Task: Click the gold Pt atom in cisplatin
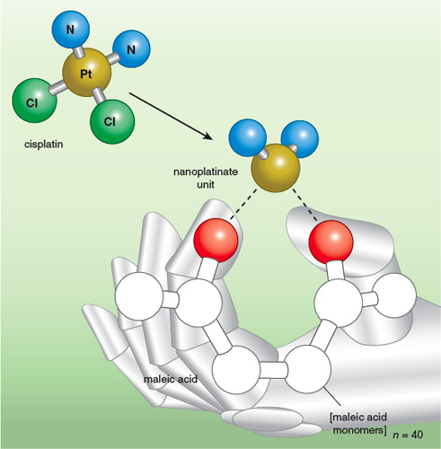coord(87,73)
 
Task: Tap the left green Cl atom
coord(34,101)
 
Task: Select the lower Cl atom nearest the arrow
coord(112,121)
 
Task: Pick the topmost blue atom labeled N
coord(71,30)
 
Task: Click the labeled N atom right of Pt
coord(131,48)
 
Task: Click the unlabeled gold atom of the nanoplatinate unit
coord(276,168)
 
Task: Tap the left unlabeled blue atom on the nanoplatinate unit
coord(247,137)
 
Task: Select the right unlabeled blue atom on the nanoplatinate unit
coord(300,139)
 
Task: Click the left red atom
coord(216,241)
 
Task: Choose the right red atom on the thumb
coord(331,242)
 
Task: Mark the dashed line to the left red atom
coord(243,205)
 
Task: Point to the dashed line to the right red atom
coord(305,205)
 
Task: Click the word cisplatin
coord(44,145)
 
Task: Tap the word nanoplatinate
coord(206,172)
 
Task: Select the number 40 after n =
coord(417,435)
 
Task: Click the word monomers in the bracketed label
coord(359,430)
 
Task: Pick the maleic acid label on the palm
coord(171,379)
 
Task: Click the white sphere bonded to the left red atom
coord(198,303)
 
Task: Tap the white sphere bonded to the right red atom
coord(339,303)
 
